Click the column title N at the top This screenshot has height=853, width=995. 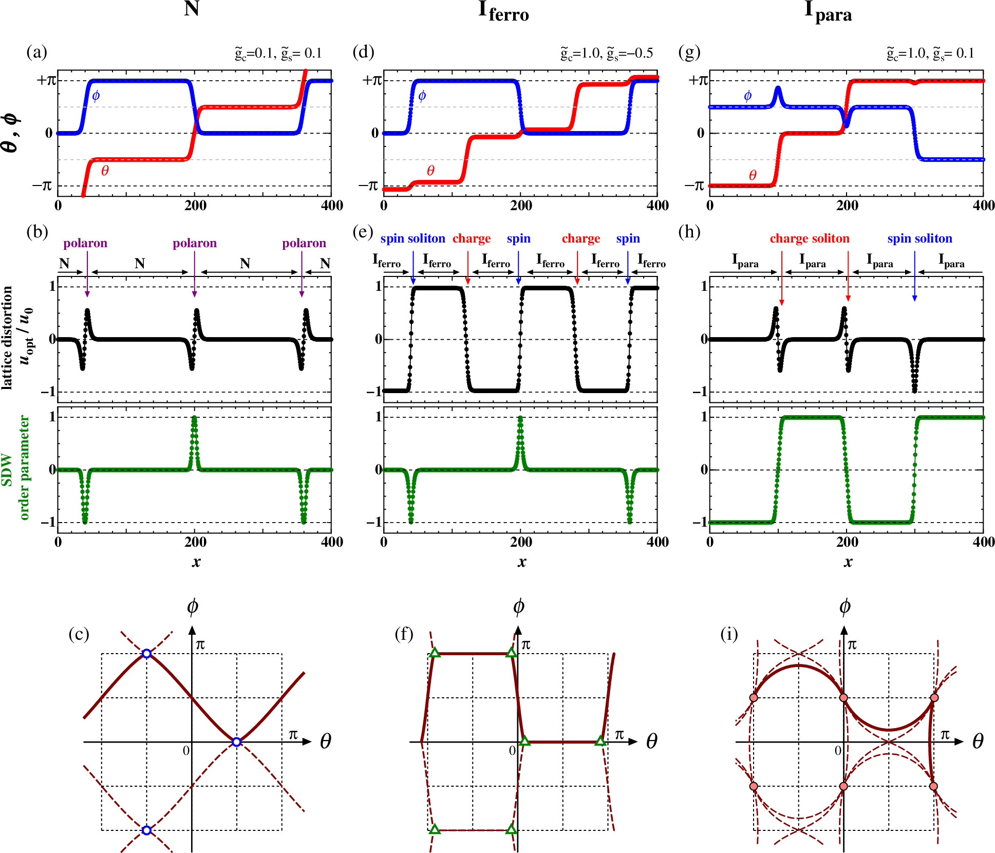[191, 9]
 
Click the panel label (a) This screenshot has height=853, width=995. [36, 52]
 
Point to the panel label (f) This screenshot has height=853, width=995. [404, 634]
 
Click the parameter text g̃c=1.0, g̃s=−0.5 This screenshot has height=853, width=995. [607, 53]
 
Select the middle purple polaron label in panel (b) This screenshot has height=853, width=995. [194, 243]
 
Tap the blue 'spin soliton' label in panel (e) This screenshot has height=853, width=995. [412, 238]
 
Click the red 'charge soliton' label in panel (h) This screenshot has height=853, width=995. [809, 238]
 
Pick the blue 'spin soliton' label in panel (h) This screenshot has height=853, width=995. [919, 238]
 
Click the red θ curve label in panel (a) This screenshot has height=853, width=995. [105, 171]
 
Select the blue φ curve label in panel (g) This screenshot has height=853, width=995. [747, 96]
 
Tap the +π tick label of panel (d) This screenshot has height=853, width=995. [371, 80]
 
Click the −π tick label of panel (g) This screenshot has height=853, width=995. [696, 186]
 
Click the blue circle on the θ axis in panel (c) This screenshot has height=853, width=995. [236, 741]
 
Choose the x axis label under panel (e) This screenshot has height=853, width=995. [522, 562]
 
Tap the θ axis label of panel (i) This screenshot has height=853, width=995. [978, 741]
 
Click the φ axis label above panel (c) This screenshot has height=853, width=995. [192, 607]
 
